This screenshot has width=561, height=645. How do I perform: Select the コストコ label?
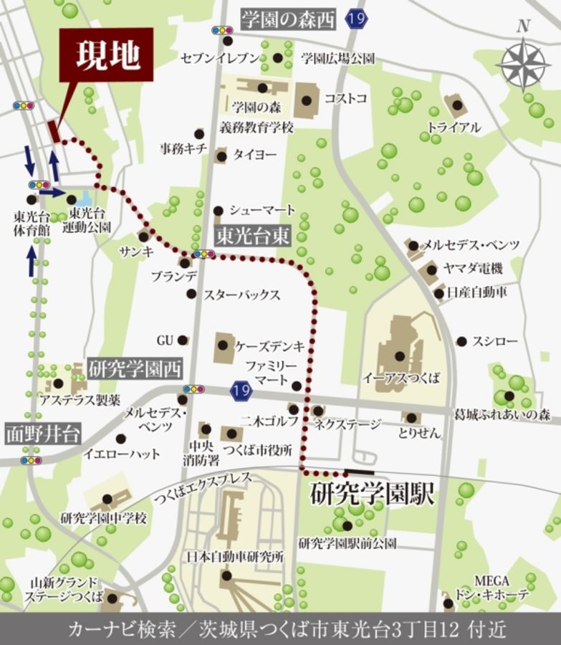point(346,97)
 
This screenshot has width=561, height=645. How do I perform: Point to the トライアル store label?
point(454,128)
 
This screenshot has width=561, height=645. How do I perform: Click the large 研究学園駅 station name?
point(373,495)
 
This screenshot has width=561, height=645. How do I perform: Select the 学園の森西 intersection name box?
point(287,20)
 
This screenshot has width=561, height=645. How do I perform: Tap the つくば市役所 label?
point(262,450)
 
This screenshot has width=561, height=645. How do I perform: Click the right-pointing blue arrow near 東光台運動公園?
point(52,192)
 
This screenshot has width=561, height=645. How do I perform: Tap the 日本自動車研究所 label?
point(226,555)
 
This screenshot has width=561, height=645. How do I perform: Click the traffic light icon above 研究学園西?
point(193,389)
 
